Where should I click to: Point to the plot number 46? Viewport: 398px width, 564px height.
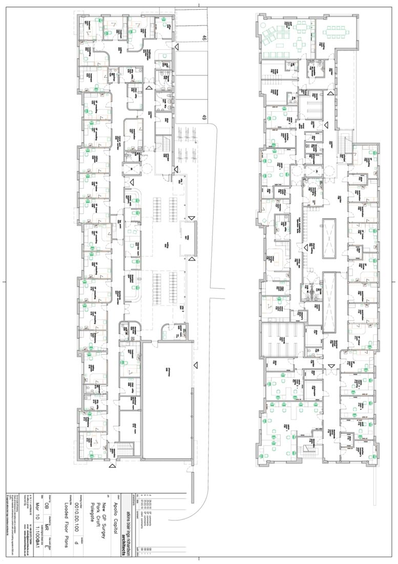(204, 37)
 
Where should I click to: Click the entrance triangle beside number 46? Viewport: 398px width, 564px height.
(177, 47)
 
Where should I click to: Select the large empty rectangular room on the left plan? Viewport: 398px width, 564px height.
(167, 400)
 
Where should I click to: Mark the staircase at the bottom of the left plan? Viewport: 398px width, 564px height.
(121, 451)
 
